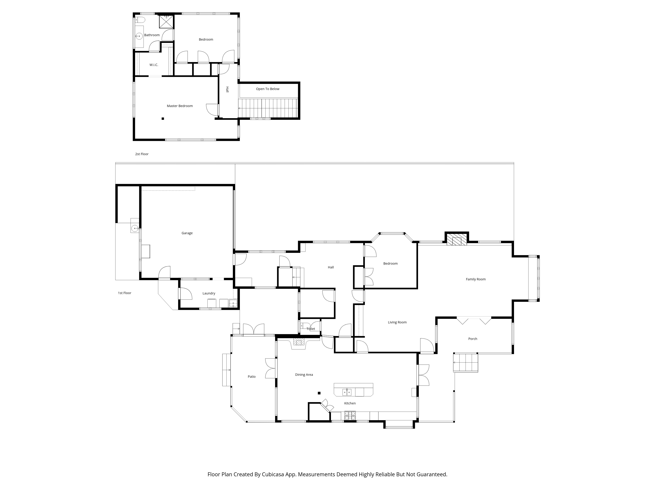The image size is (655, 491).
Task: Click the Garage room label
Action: [187, 233]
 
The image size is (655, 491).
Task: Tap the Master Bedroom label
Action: [180, 106]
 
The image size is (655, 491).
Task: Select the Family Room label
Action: [476, 279]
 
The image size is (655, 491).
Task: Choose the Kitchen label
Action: [350, 403]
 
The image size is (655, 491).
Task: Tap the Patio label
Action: [252, 377]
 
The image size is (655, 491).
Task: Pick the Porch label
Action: [473, 339]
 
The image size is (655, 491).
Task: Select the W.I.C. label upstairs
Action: [154, 65]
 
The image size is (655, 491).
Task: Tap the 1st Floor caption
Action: [125, 293]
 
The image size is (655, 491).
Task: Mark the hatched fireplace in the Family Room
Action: [456, 240]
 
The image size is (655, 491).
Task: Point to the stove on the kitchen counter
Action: [350, 416]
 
